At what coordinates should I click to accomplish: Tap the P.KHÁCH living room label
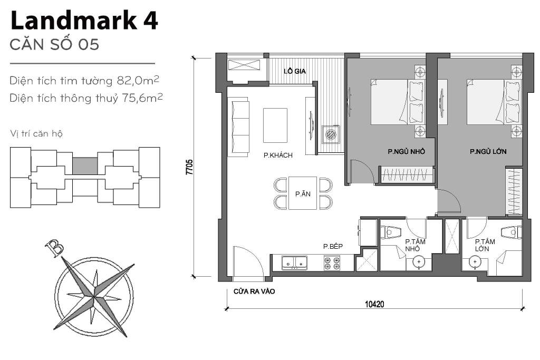[278, 155]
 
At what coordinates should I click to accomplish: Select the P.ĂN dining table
[303, 193]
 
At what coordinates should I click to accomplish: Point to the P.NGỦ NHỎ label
[406, 152]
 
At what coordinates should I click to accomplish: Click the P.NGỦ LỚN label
[488, 152]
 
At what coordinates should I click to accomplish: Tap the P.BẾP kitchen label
[333, 246]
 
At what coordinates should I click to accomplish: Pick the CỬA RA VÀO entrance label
[254, 291]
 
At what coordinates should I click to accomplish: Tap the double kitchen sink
[295, 261]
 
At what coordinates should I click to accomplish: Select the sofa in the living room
[239, 128]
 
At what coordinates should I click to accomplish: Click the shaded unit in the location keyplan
[84, 166]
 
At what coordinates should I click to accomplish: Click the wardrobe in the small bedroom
[407, 174]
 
